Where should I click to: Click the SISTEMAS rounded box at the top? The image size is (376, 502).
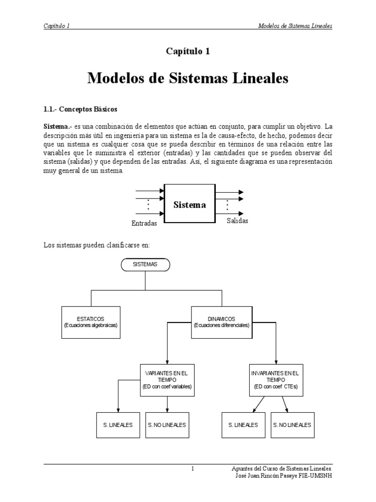pos(145,264)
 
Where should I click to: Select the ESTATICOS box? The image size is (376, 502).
pos(91,322)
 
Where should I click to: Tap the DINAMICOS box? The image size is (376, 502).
pos(221,322)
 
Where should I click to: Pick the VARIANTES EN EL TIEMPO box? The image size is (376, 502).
pos(167,379)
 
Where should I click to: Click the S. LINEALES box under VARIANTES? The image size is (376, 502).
pos(118,425)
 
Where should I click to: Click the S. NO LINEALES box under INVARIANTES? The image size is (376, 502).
pos(292,425)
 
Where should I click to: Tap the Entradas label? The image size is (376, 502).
pos(144,224)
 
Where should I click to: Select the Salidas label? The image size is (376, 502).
pos(237,221)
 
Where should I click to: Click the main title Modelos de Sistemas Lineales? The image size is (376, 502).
pos(188,78)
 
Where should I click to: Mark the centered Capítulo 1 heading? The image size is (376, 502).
pos(188,51)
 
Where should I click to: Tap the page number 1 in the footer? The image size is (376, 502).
pos(193,469)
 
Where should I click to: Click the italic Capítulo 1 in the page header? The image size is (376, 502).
pos(56,25)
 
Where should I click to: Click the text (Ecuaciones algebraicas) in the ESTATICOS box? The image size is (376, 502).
pos(91,325)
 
